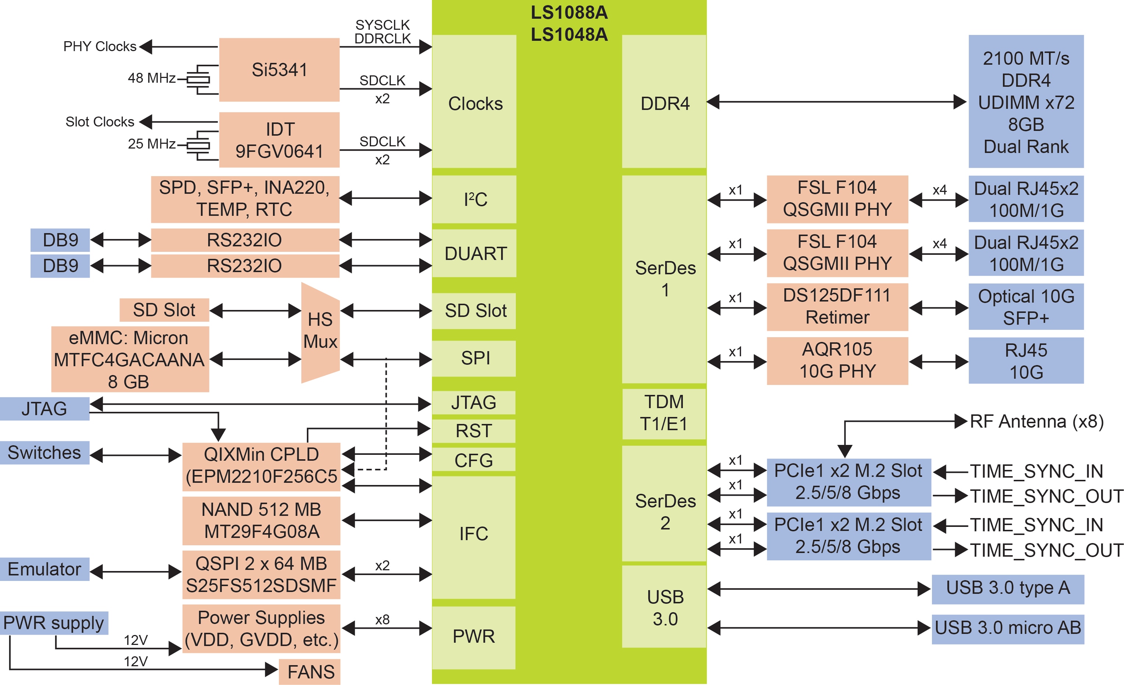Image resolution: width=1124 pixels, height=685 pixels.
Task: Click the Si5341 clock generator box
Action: tap(279, 70)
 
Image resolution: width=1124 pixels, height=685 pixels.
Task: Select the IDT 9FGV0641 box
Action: tap(279, 140)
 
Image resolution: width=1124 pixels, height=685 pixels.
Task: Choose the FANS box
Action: tap(310, 671)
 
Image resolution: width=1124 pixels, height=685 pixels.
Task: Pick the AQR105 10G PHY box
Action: tap(837, 360)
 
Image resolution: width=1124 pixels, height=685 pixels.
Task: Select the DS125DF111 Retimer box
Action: tap(837, 307)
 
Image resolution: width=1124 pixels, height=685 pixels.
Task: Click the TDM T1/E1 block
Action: tap(664, 413)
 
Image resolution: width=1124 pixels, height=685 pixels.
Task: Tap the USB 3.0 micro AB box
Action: tap(1008, 628)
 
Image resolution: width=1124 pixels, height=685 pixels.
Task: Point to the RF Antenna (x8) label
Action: tap(1036, 422)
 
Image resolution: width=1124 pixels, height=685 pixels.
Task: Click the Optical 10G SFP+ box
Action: tap(1026, 307)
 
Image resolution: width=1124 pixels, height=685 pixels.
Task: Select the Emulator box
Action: tap(44, 569)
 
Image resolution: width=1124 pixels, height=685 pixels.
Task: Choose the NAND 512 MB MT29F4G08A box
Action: tap(261, 521)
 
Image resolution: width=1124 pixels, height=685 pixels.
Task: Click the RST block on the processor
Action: tap(474, 431)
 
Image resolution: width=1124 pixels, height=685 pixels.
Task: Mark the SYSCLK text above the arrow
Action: tap(382, 25)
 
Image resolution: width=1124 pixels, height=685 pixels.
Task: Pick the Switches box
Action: tap(44, 453)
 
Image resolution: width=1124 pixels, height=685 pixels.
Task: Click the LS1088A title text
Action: tap(569, 13)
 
